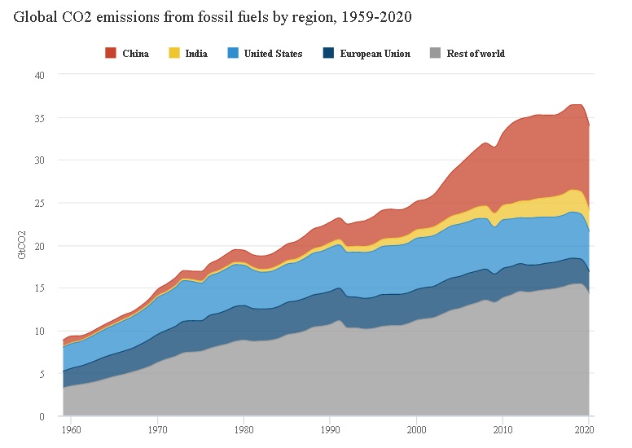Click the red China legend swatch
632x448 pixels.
[110, 54]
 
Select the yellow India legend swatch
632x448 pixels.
[174, 54]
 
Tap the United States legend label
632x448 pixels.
[273, 54]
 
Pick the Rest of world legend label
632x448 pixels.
[476, 54]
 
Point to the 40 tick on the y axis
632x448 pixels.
[38, 75]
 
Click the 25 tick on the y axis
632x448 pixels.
[38, 203]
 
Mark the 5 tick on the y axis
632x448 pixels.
[41, 374]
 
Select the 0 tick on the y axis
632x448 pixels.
[41, 416]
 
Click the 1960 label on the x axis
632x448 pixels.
[71, 428]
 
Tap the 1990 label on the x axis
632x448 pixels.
[330, 428]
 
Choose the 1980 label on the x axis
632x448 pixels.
[244, 428]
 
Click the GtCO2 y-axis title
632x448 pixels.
[22, 245]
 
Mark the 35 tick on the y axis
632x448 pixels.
[38, 117]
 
